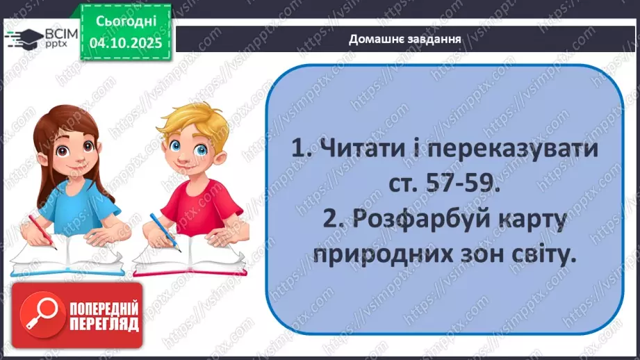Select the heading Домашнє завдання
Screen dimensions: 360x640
[x=405, y=39]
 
